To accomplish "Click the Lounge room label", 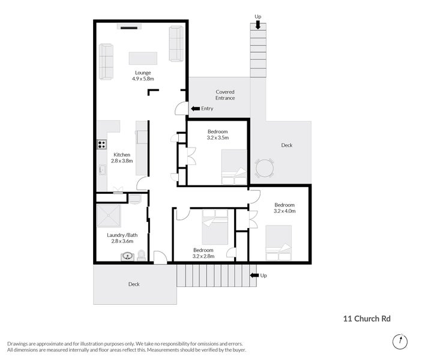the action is (143, 73).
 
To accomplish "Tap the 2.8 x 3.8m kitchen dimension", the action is (122, 161).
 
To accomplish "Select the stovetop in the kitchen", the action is (102, 145).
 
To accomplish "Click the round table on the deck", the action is (264, 169).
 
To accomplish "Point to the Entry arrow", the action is (196, 109).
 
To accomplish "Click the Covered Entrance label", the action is (225, 95).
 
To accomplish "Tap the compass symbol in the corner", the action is (400, 341).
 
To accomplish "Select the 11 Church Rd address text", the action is (367, 319).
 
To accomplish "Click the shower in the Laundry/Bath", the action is (109, 215).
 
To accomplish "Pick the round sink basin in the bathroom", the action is (127, 256).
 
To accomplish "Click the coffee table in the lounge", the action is (143, 58).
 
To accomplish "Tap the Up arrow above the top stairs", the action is (258, 25).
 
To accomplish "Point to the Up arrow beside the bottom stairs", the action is (255, 275).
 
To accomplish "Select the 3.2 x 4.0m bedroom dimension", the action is (285, 211).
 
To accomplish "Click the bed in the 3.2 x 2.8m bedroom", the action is (215, 227).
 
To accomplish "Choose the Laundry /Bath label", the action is (122, 235).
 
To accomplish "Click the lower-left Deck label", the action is (134, 284).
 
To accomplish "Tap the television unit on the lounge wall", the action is (130, 26).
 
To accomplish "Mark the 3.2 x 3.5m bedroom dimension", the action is (217, 137).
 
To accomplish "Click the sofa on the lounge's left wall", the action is (106, 62).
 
